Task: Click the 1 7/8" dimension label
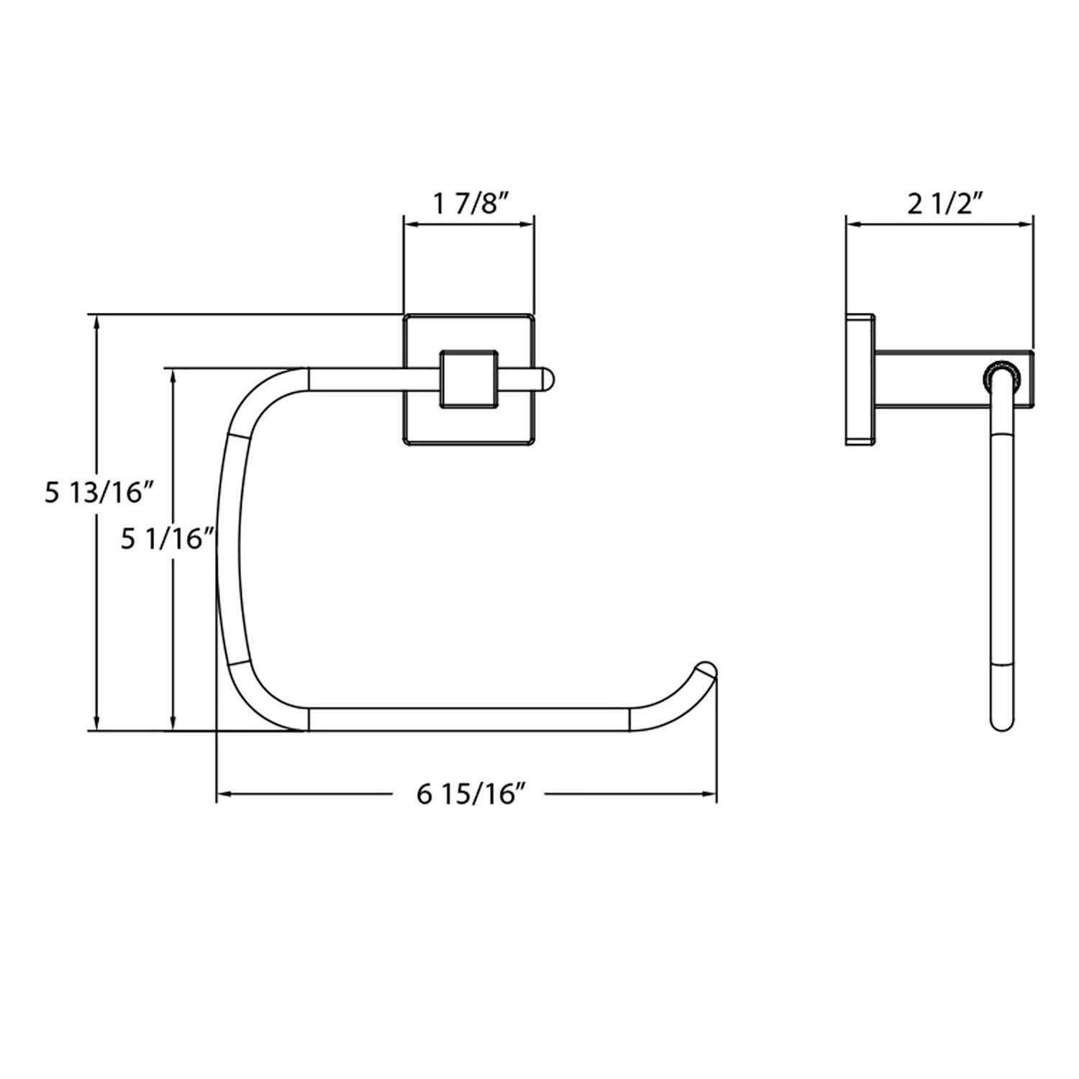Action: point(471,204)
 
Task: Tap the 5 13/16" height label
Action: point(99,493)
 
